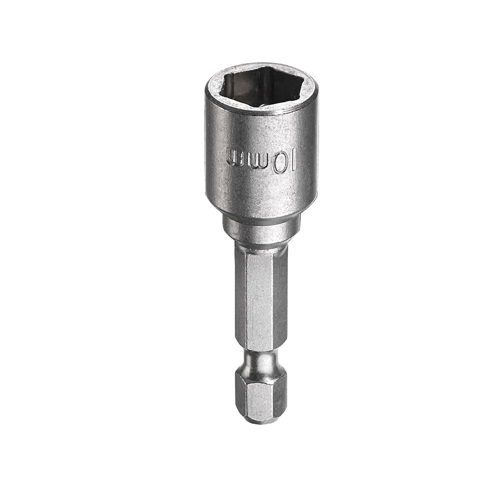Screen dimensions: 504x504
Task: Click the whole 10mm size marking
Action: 261,161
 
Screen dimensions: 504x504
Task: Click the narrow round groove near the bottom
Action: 261,362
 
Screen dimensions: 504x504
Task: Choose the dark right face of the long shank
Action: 282,300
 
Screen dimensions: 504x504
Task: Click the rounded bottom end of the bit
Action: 261,419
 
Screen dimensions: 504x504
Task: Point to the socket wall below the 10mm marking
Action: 261,194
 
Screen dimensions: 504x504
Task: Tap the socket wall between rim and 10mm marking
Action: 261,129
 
